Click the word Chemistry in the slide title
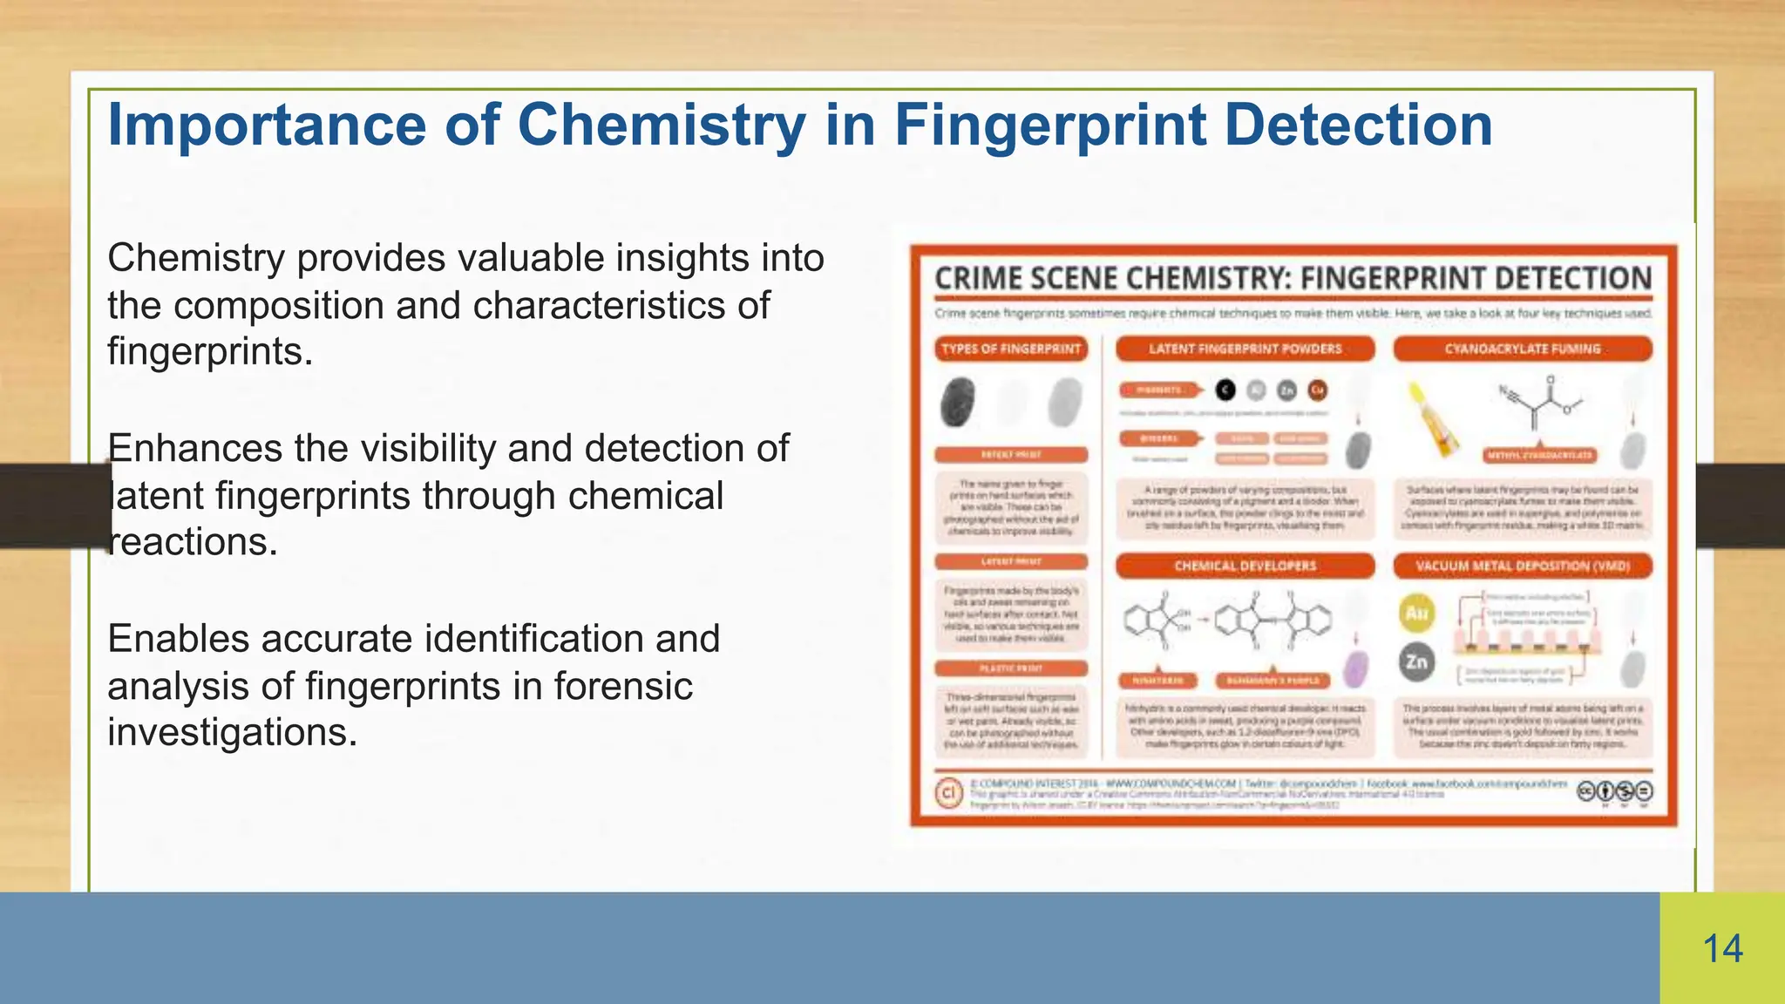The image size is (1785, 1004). coord(662,125)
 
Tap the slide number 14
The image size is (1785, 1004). coord(1722,949)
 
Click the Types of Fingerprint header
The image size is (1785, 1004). coord(1011,349)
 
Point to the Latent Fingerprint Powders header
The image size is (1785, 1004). coord(1245,349)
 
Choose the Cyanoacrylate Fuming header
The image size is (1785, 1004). coord(1522,349)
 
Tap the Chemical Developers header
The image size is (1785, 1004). coord(1245,566)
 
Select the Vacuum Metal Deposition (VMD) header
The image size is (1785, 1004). coord(1522,566)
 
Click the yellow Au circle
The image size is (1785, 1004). coord(1416,613)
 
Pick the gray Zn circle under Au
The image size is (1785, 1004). coord(1416,662)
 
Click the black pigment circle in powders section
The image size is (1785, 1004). coord(1225,390)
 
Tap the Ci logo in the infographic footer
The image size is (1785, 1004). coord(948,792)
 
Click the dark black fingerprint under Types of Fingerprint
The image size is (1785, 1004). coord(959,402)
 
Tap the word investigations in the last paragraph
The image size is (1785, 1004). coord(232,732)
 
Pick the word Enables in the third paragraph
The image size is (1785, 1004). coord(179,639)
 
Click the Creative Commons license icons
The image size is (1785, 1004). coord(1614,791)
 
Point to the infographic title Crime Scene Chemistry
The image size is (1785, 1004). coord(1107,279)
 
